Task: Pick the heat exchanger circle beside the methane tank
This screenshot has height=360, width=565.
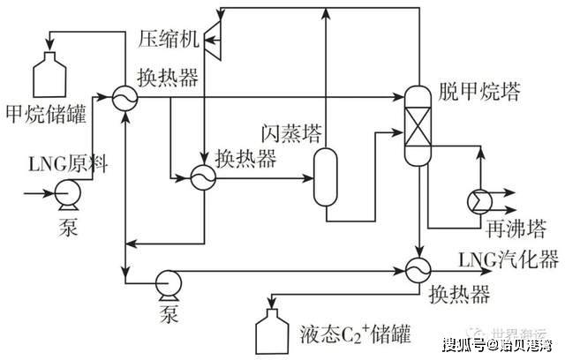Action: click(x=123, y=96)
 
